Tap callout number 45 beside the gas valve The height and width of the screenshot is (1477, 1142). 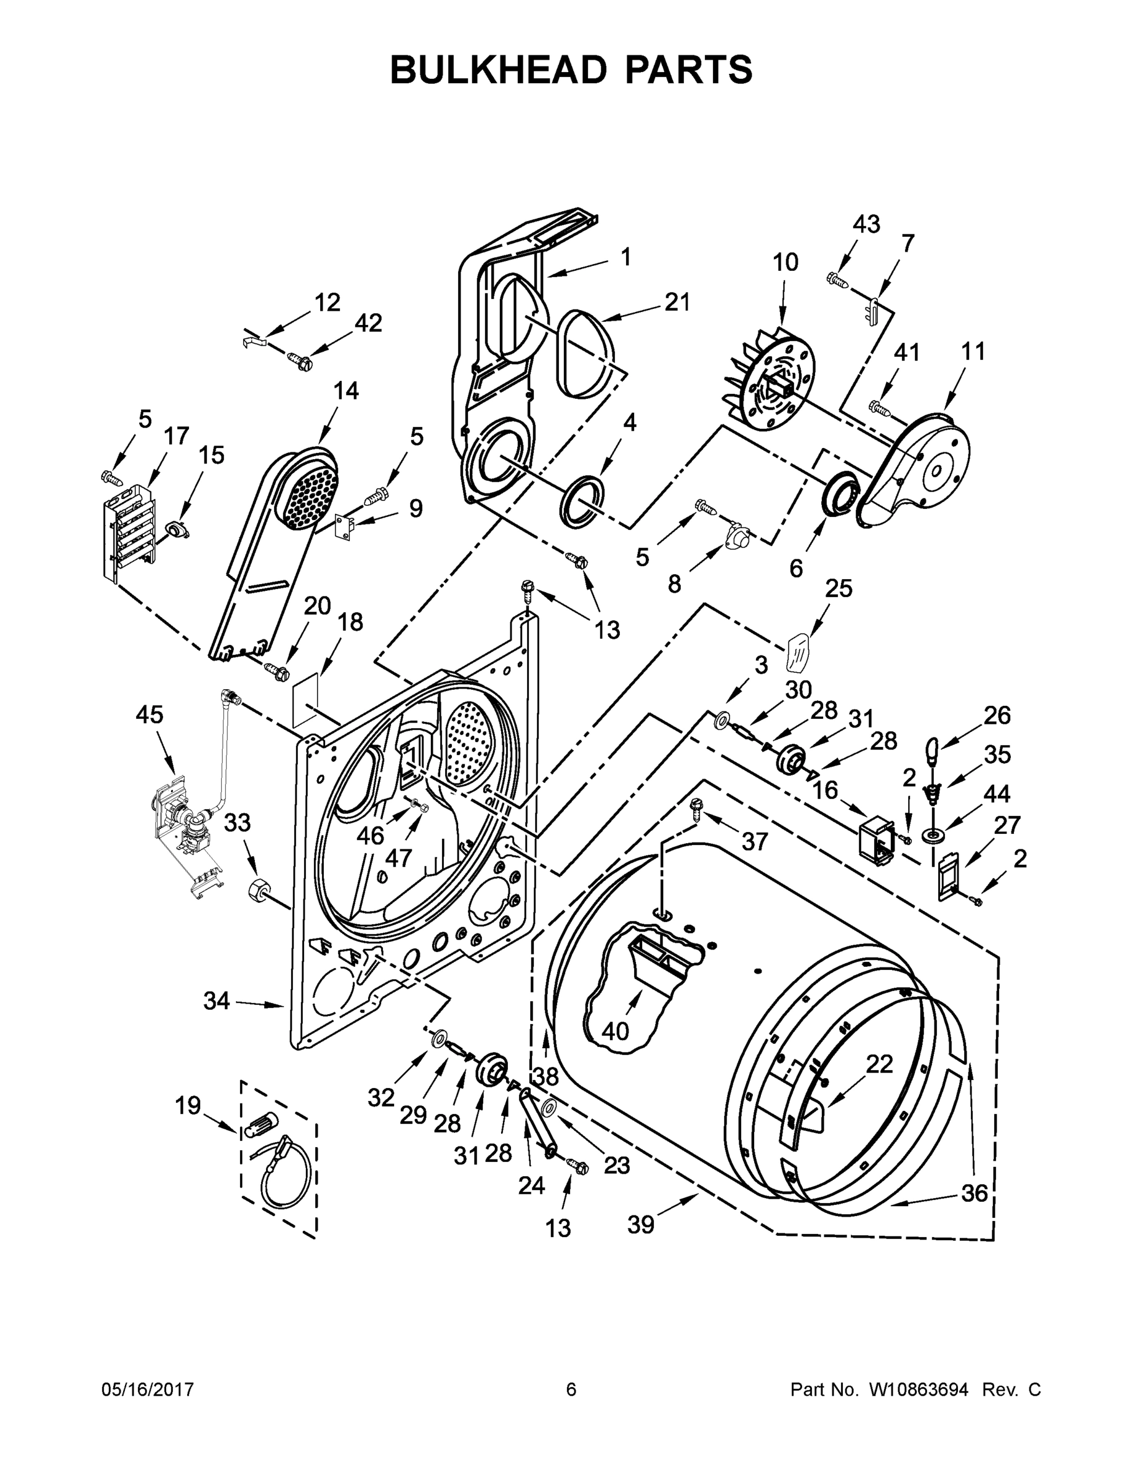150,715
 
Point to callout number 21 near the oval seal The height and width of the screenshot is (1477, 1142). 677,302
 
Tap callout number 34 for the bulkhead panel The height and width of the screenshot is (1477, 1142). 217,1000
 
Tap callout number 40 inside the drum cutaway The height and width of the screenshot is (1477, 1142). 615,1031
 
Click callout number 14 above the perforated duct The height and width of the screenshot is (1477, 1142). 346,391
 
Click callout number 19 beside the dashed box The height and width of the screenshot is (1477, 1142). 188,1107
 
